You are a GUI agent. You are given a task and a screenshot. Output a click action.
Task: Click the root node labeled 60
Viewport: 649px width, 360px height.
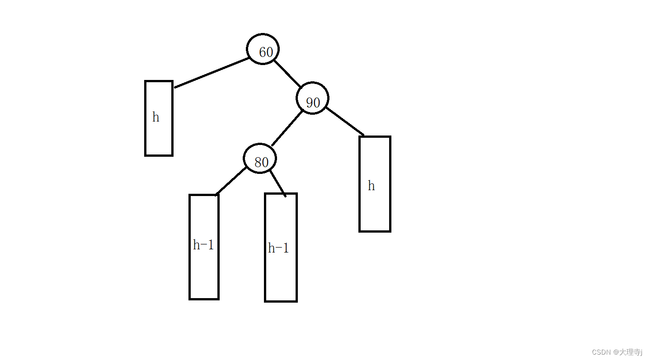[263, 49]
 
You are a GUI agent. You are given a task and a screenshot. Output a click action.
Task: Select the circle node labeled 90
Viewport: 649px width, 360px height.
[312, 98]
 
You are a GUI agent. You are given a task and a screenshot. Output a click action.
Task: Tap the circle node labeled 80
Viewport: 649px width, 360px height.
[259, 159]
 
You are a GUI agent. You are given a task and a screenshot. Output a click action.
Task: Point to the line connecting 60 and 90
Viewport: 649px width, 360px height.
[287, 73]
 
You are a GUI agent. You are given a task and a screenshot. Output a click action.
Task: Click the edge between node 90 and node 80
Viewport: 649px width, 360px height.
[287, 128]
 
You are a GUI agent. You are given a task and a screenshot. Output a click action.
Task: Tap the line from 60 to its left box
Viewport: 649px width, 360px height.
[212, 72]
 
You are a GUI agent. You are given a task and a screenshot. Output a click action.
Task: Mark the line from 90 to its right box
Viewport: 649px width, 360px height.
[344, 121]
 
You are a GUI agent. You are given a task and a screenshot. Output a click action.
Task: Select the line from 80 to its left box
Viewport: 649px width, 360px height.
[231, 181]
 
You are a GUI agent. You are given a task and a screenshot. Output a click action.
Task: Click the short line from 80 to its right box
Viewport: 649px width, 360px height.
[277, 183]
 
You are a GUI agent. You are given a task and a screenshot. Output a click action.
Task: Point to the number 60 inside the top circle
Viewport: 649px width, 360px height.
[266, 52]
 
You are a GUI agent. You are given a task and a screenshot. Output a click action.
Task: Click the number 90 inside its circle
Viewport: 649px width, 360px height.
[313, 103]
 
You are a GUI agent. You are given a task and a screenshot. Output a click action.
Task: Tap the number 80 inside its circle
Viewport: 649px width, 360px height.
[261, 163]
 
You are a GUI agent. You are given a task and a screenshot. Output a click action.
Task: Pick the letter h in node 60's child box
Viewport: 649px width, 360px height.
[155, 117]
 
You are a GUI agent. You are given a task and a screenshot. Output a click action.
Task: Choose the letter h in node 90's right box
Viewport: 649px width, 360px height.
[371, 186]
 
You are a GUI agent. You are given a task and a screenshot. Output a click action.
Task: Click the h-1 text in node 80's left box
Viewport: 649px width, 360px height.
[203, 245]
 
